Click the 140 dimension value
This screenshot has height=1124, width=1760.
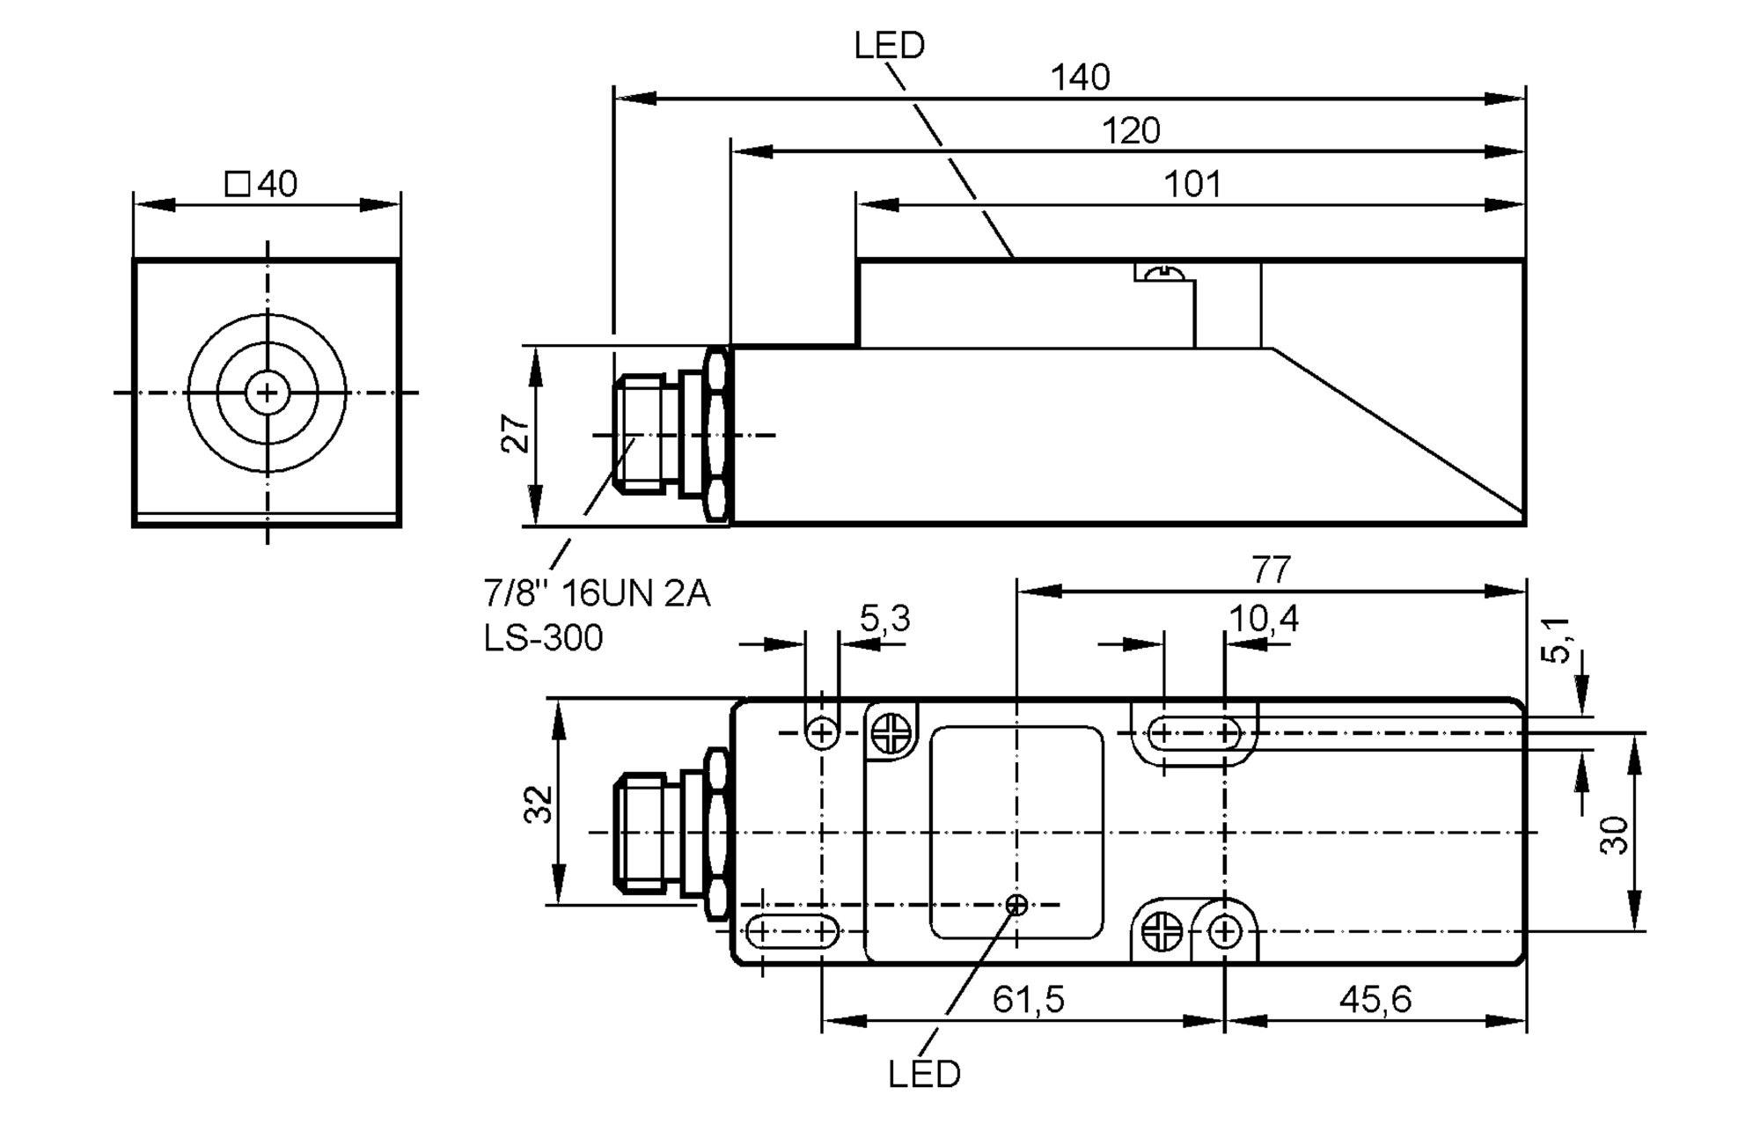1080,78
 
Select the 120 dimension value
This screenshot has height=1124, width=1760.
1131,131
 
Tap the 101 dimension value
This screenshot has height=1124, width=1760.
1192,185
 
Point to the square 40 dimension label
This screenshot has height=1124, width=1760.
262,184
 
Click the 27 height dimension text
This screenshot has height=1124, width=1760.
517,434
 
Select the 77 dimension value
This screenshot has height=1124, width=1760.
1271,570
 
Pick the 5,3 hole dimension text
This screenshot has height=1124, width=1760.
884,620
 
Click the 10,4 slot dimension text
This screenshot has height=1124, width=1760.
1263,620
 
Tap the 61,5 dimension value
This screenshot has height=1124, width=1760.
1028,999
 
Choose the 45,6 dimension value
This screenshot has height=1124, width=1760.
1375,999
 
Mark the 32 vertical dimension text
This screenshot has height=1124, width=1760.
539,804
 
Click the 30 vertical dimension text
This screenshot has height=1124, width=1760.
1614,834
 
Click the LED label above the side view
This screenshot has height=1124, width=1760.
889,46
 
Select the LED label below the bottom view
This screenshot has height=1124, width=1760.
924,1075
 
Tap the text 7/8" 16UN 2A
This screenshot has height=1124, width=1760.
596,594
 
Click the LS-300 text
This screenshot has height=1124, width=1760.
543,638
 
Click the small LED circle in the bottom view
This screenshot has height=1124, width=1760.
1016,904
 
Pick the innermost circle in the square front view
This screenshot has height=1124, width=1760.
267,393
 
